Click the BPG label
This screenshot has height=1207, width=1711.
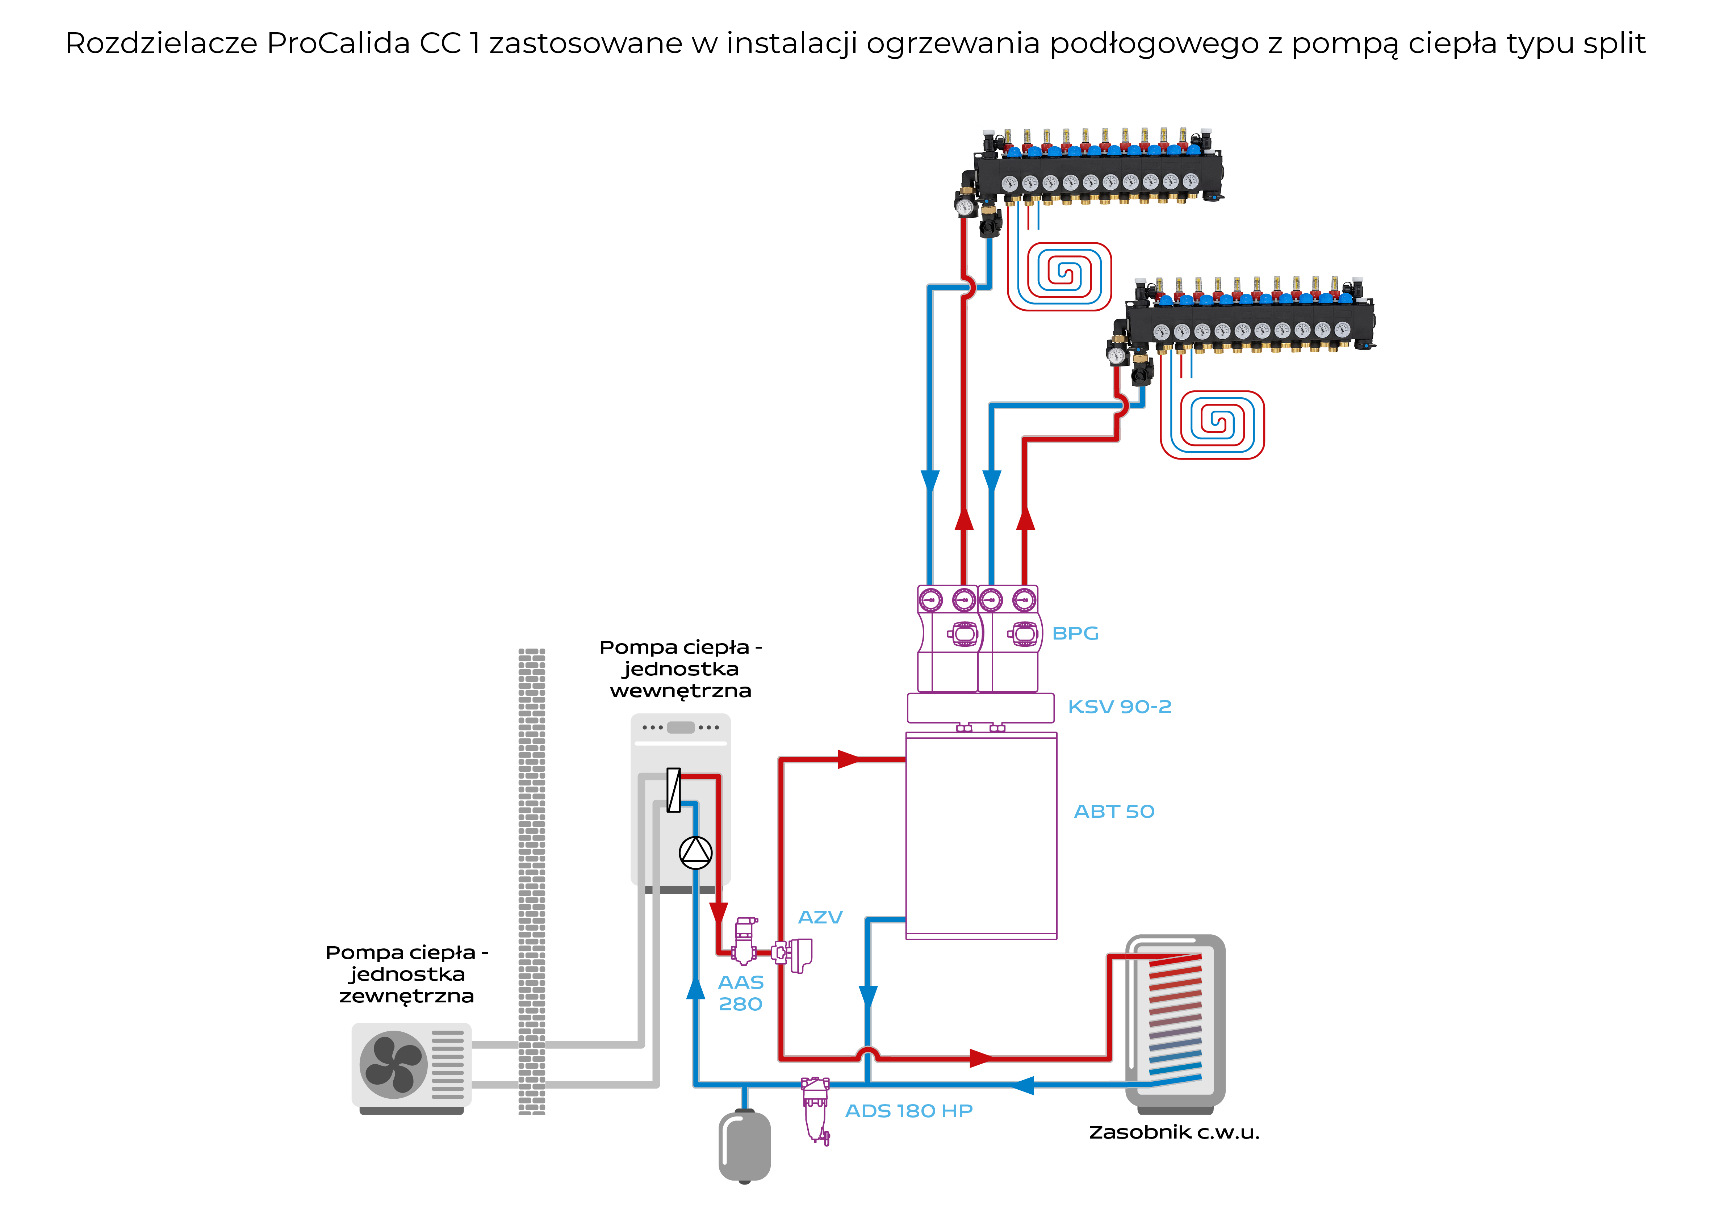click(x=1075, y=633)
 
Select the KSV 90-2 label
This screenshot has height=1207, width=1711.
click(x=1119, y=706)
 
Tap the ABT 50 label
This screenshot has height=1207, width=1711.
click(x=1113, y=812)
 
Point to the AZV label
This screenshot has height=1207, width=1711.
click(x=820, y=917)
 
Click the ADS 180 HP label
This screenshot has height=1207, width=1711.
click(x=908, y=1111)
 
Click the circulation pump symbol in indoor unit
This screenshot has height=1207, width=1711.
click(x=695, y=852)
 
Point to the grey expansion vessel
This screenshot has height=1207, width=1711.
click(x=744, y=1146)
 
